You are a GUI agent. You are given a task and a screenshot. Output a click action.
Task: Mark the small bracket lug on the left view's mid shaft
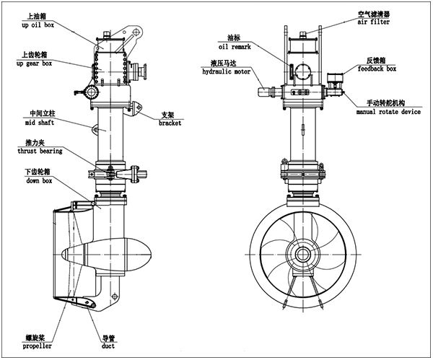(x=95, y=128)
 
